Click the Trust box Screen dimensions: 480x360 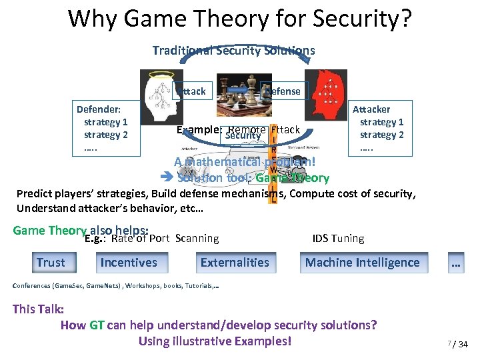51,263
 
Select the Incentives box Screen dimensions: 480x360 129,263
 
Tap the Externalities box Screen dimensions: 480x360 235,263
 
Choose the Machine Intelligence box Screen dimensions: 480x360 362,263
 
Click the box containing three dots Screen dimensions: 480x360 456,264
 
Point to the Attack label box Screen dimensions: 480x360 192,91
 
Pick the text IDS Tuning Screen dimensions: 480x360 338,238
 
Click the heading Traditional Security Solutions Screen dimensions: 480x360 233,51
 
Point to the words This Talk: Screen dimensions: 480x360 39,309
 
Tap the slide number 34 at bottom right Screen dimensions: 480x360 463,344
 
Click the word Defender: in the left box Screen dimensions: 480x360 97,109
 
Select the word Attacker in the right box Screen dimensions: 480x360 371,109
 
